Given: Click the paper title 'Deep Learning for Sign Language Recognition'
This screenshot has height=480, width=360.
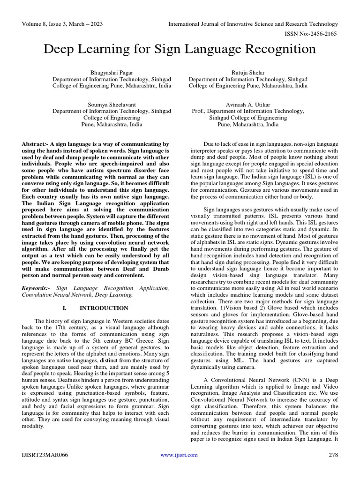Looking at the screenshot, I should coord(180,49).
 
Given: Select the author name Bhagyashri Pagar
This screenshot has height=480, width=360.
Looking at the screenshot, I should coord(112,73).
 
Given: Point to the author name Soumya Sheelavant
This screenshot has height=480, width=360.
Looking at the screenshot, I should coord(112,105).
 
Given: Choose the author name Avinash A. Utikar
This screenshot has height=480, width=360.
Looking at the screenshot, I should coord(248,105).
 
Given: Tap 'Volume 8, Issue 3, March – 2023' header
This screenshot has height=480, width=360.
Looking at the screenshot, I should coord(62,24).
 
